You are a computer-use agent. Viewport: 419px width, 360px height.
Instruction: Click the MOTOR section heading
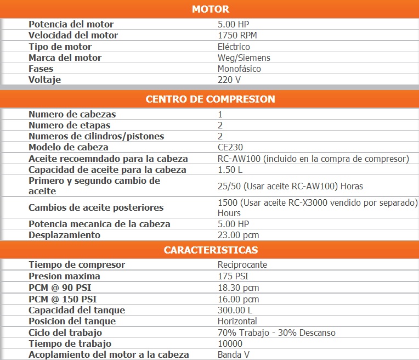pos(211,9)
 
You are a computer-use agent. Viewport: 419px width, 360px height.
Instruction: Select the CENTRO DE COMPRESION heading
pos(211,99)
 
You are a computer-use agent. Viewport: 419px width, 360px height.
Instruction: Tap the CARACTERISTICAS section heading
pos(211,250)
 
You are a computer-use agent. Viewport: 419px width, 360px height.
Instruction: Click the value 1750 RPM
pos(237,36)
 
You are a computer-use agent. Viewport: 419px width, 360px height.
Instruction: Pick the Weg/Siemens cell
pos(244,58)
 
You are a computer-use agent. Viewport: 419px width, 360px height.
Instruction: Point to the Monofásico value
pos(239,69)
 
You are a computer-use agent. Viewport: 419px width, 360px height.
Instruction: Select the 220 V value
pos(229,80)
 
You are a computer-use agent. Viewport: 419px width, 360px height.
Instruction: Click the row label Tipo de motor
pos(60,47)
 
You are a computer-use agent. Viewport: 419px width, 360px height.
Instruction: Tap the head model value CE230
pos(230,148)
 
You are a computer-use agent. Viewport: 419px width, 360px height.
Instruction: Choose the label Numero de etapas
pos(69,126)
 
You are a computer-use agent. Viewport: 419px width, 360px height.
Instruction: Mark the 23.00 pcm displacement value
pos(239,235)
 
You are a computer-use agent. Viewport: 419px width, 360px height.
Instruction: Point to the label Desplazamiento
pos(65,235)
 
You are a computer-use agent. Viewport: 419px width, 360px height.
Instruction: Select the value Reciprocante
pos(242,265)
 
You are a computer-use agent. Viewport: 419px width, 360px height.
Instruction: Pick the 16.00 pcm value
pos(239,299)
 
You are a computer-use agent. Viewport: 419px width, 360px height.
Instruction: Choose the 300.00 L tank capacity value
pos(235,310)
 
